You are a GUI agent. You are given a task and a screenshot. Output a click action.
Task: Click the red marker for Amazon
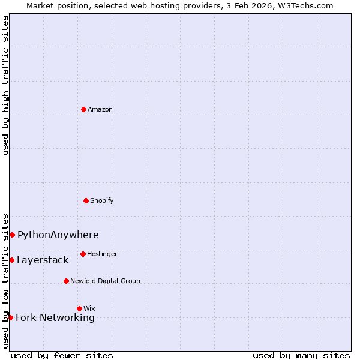pyautogui.click(x=83, y=109)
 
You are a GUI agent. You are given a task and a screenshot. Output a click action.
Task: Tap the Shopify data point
pyautogui.click(x=86, y=200)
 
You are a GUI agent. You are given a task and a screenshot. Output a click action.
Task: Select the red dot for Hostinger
pyautogui.click(x=83, y=254)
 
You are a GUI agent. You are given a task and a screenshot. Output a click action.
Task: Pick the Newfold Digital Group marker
pyautogui.click(x=66, y=281)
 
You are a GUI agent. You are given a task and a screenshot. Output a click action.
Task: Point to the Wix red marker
pyautogui.click(x=79, y=308)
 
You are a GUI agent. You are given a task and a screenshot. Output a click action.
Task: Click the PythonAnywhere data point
pyautogui.click(x=12, y=235)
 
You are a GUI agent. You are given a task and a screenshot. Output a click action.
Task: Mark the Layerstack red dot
pyautogui.click(x=11, y=260)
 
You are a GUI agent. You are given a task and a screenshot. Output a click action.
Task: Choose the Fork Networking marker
pyautogui.click(x=10, y=317)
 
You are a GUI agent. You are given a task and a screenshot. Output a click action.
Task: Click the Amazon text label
pyautogui.click(x=100, y=109)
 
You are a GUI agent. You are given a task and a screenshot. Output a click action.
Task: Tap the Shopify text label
pyautogui.click(x=102, y=200)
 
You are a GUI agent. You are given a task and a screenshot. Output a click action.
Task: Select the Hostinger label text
pyautogui.click(x=102, y=254)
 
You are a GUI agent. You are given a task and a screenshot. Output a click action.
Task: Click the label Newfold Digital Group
pyautogui.click(x=105, y=281)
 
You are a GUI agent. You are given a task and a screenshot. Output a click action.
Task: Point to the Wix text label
pyautogui.click(x=89, y=308)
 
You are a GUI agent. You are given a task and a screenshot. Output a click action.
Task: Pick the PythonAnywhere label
pyautogui.click(x=58, y=235)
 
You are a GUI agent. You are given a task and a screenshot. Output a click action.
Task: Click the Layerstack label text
pyautogui.click(x=43, y=260)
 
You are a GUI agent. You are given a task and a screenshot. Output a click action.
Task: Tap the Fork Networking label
pyautogui.click(x=55, y=317)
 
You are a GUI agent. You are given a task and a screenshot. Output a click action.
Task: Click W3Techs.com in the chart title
pyautogui.click(x=304, y=5)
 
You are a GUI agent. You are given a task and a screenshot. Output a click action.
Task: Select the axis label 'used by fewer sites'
pyautogui.click(x=62, y=355)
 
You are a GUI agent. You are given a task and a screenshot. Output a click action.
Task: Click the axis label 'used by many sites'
pyautogui.click(x=301, y=355)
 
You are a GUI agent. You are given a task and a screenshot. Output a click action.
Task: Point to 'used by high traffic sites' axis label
pyautogui.click(x=5, y=85)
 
